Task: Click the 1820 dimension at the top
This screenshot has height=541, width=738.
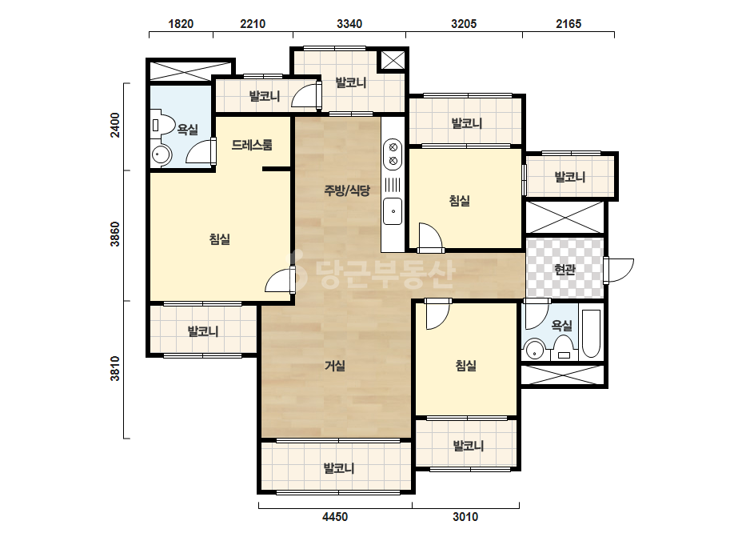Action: pos(181,23)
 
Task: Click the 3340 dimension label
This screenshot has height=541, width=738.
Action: pos(349,23)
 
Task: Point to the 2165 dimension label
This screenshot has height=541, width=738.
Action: pos(568,23)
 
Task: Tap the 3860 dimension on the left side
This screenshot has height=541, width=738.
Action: pos(115,234)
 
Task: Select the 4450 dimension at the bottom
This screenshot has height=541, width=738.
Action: pos(335,517)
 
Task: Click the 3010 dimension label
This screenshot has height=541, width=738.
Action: pos(465,517)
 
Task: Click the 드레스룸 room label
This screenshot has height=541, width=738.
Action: pos(252,145)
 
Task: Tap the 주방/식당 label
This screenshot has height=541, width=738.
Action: pos(347,190)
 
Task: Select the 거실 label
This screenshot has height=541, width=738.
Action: pos(335,365)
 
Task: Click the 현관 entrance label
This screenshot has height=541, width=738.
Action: pos(564,270)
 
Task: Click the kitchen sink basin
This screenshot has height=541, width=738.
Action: pos(393,211)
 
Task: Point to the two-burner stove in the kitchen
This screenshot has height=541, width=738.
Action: pos(393,154)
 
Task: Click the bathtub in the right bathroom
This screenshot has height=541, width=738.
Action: pos(591,333)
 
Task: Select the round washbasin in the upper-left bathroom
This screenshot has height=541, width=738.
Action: pos(162,155)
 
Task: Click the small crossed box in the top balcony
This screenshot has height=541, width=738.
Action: pos(393,60)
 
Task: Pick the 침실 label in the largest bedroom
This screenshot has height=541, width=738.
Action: pos(219,239)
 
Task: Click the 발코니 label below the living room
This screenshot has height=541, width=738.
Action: pos(339,468)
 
